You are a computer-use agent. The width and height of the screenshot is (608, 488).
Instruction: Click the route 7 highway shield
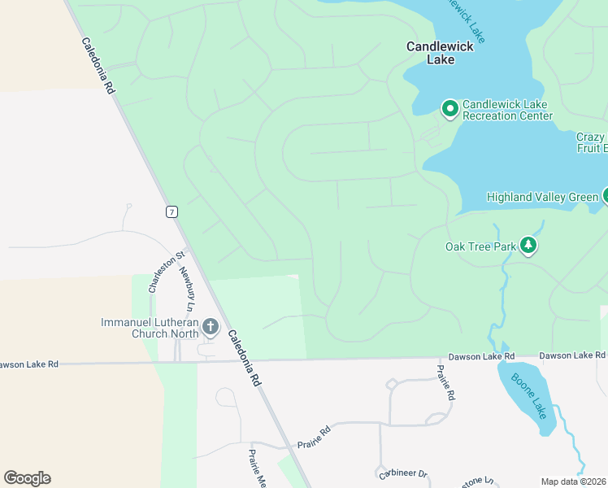171,211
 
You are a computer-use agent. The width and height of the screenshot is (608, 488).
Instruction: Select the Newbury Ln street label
186,290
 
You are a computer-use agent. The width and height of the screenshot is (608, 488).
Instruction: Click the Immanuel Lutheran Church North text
150,328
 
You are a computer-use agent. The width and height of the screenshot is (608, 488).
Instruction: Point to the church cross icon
211,327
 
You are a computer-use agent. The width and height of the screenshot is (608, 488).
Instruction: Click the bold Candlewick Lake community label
440,53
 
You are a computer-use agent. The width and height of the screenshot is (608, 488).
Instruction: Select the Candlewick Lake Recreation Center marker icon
449,108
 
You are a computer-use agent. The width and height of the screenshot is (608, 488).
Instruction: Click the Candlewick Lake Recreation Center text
507,110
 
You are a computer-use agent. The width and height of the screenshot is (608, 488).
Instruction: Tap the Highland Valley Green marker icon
605,195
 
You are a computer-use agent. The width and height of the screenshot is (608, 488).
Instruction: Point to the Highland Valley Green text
542,197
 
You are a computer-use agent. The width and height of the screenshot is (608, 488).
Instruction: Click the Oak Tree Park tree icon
528,246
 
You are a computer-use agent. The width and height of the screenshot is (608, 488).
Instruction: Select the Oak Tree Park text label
480,246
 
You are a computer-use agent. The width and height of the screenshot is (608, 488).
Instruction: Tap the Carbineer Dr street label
402,474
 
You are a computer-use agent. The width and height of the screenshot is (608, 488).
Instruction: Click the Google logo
27,478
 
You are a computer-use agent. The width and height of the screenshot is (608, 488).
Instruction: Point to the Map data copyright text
574,481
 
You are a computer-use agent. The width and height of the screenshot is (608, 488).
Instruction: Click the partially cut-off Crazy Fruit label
591,142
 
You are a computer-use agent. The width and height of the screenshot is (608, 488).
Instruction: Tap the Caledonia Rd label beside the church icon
243,357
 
